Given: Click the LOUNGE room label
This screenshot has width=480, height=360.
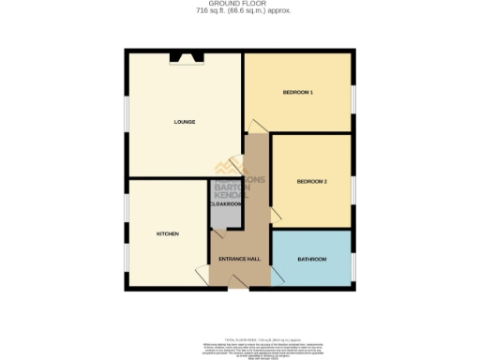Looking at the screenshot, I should [x=184, y=122].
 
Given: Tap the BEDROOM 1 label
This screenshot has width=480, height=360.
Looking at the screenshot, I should [x=297, y=93].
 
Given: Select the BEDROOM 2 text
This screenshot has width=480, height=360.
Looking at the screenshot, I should [x=311, y=181].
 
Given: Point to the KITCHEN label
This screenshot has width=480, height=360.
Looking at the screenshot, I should [x=167, y=233].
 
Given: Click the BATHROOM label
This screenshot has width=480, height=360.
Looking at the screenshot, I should [x=311, y=258].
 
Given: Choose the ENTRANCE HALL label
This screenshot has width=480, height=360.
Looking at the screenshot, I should [x=238, y=258].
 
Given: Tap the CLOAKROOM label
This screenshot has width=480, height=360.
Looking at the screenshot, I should [x=225, y=203].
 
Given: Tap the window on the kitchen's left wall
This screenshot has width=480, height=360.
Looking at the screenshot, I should [x=127, y=234].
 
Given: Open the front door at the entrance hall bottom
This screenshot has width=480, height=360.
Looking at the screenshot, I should [x=239, y=286].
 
